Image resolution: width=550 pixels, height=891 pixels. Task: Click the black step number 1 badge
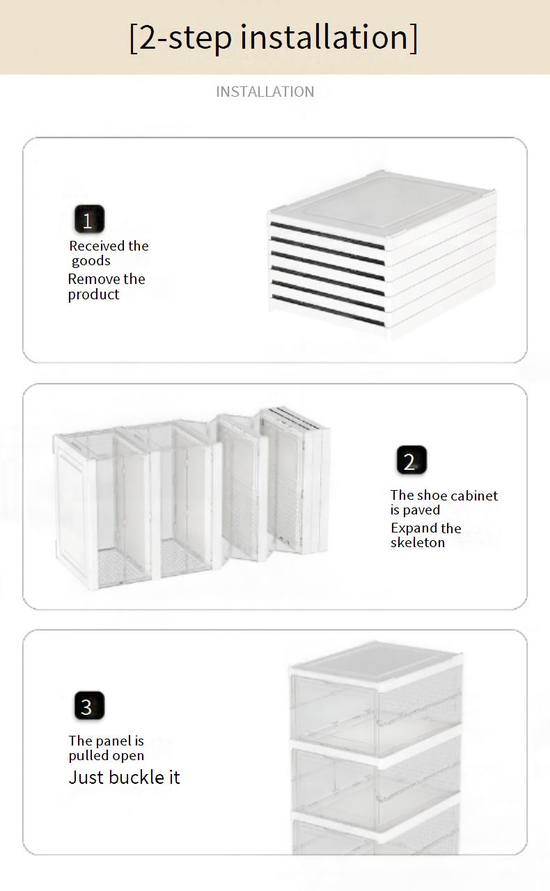click(x=89, y=219)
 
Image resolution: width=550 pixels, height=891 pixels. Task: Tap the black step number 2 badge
click(x=411, y=460)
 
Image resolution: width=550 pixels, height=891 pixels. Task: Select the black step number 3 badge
click(x=89, y=706)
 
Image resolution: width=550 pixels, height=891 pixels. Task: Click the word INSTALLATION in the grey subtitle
click(x=265, y=92)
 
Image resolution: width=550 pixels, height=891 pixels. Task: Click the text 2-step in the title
click(x=186, y=38)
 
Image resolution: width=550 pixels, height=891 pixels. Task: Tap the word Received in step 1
click(x=97, y=246)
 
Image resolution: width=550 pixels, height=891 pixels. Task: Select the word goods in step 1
click(x=91, y=261)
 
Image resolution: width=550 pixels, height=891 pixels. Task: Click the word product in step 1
click(x=93, y=294)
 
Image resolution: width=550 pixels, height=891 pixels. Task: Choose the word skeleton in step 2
click(x=418, y=542)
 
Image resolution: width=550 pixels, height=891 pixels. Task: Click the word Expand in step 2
click(x=414, y=528)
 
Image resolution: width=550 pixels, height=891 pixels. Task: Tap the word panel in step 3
click(x=113, y=741)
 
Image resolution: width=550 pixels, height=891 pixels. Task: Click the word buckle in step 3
click(x=141, y=778)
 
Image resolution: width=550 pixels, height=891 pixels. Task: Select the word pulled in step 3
click(x=86, y=756)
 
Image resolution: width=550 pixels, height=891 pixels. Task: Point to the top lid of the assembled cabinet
click(x=376, y=661)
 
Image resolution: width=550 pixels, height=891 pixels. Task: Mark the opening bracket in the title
click(x=133, y=38)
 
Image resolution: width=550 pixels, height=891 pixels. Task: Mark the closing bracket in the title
click(x=414, y=38)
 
